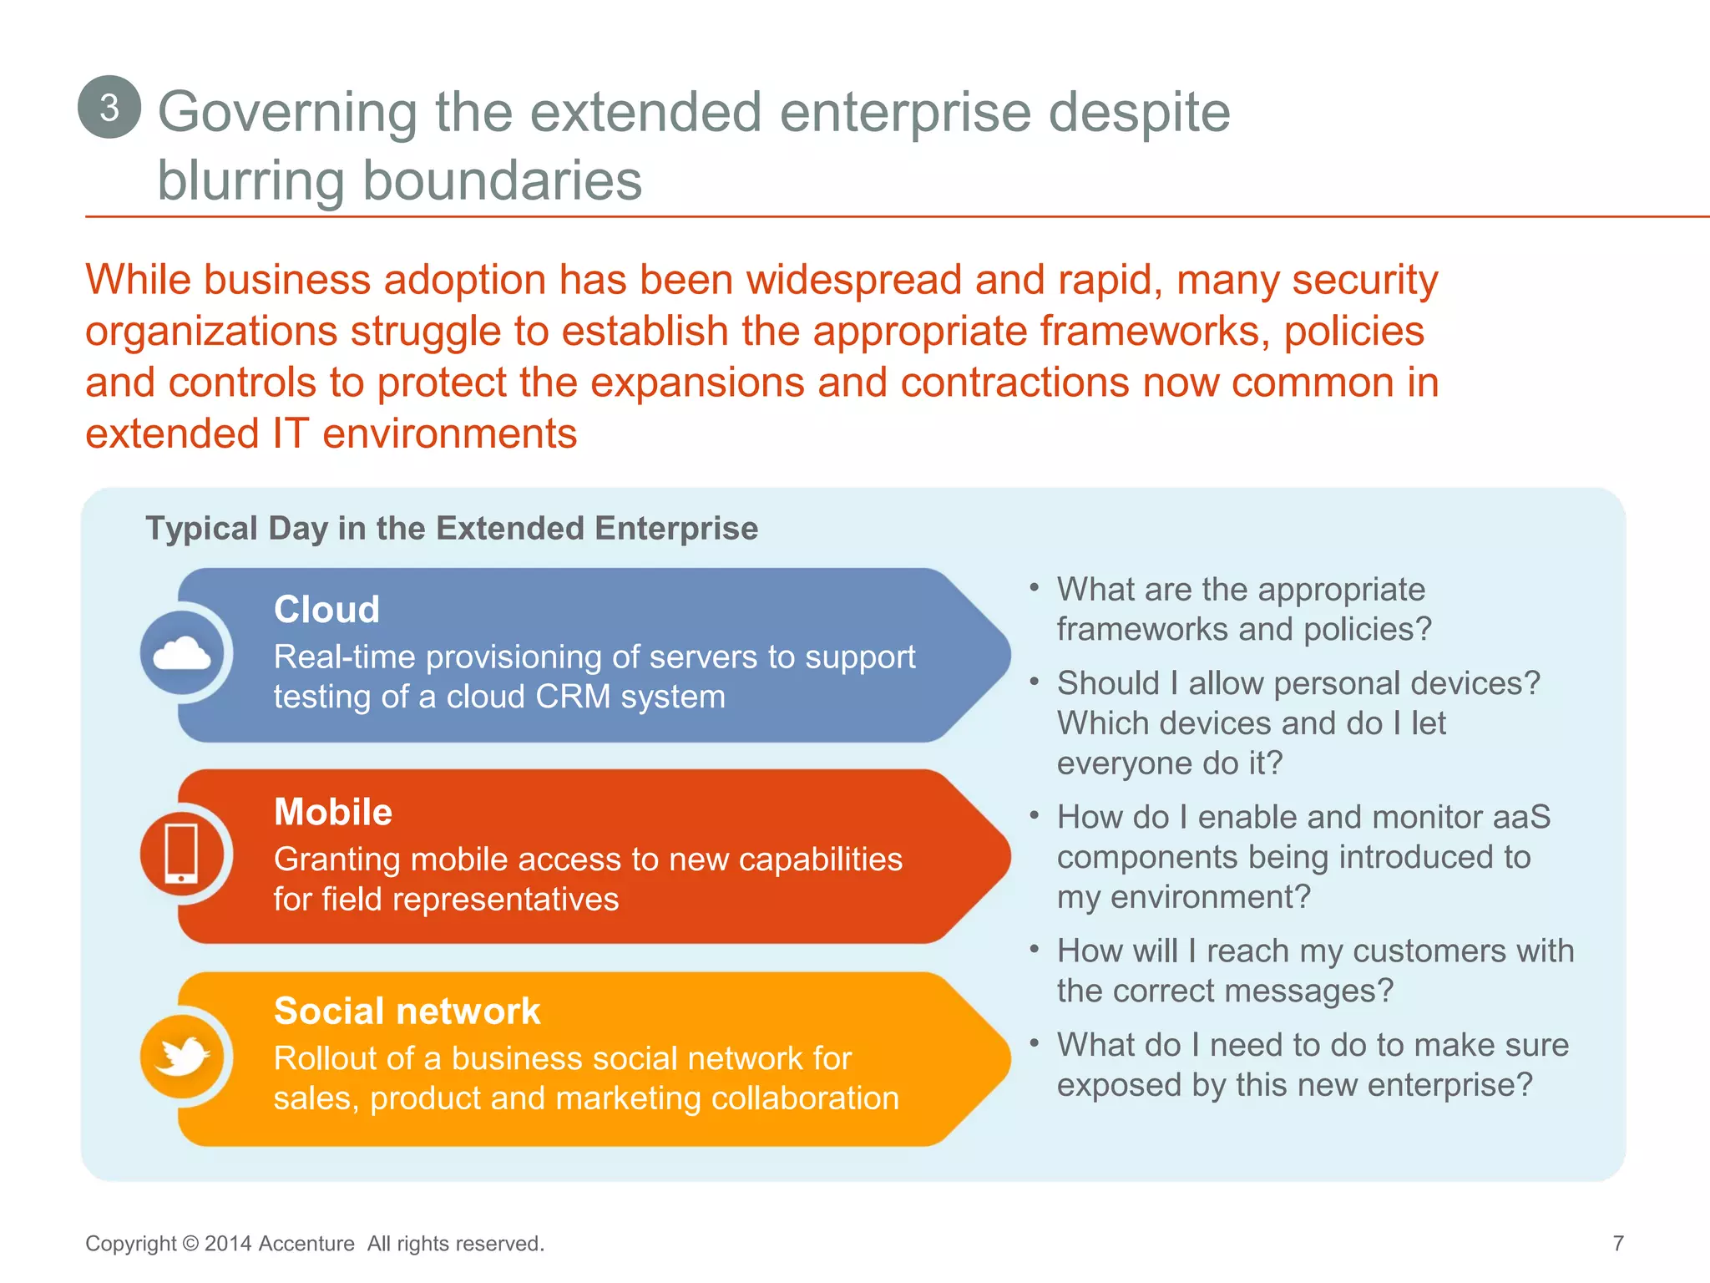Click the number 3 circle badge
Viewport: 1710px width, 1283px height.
(109, 107)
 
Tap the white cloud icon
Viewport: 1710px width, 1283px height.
(182, 653)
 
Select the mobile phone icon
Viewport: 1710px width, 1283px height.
(182, 854)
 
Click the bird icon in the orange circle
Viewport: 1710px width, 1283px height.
(182, 1057)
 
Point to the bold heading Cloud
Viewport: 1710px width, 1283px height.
(326, 609)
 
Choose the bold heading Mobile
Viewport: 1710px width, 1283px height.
(333, 812)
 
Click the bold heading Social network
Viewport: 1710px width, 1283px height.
(407, 1011)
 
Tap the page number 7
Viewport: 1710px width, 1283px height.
(1617, 1244)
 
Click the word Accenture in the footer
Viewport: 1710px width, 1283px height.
(306, 1244)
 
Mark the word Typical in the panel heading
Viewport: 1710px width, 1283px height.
(202, 529)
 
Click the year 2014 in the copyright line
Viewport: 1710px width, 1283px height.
(228, 1244)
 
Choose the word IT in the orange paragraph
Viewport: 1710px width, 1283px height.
(291, 434)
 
